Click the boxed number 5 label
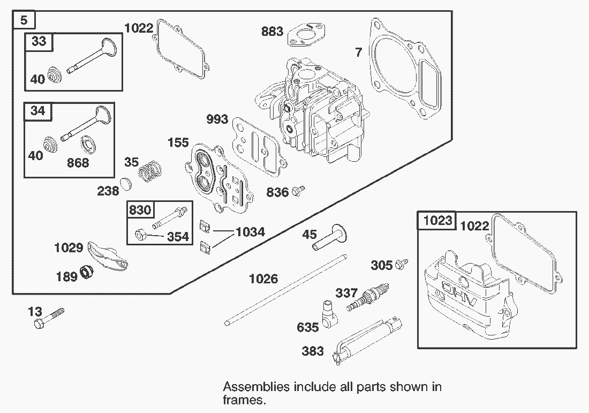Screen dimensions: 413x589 point(24,20)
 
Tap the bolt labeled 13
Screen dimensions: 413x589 point(48,318)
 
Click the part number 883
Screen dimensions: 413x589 point(272,32)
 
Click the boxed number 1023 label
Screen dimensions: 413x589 point(437,220)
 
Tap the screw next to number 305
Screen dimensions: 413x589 point(403,264)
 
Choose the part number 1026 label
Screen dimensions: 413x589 point(263,279)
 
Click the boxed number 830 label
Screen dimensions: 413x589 point(140,210)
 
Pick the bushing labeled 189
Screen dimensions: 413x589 point(86,273)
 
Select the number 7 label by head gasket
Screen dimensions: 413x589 point(358,52)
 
